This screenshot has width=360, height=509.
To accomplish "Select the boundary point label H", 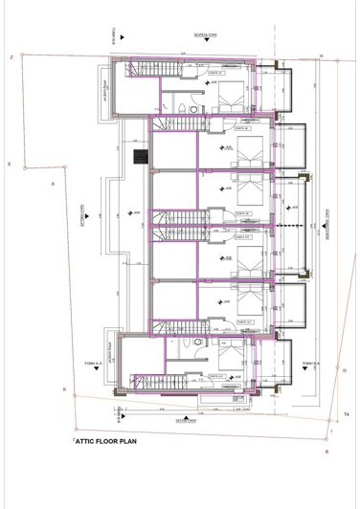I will click(322, 57).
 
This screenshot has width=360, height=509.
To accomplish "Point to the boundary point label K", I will click(63, 389).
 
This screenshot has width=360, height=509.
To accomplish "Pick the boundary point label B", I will click(326, 450).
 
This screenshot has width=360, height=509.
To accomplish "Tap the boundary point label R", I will click(9, 165).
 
